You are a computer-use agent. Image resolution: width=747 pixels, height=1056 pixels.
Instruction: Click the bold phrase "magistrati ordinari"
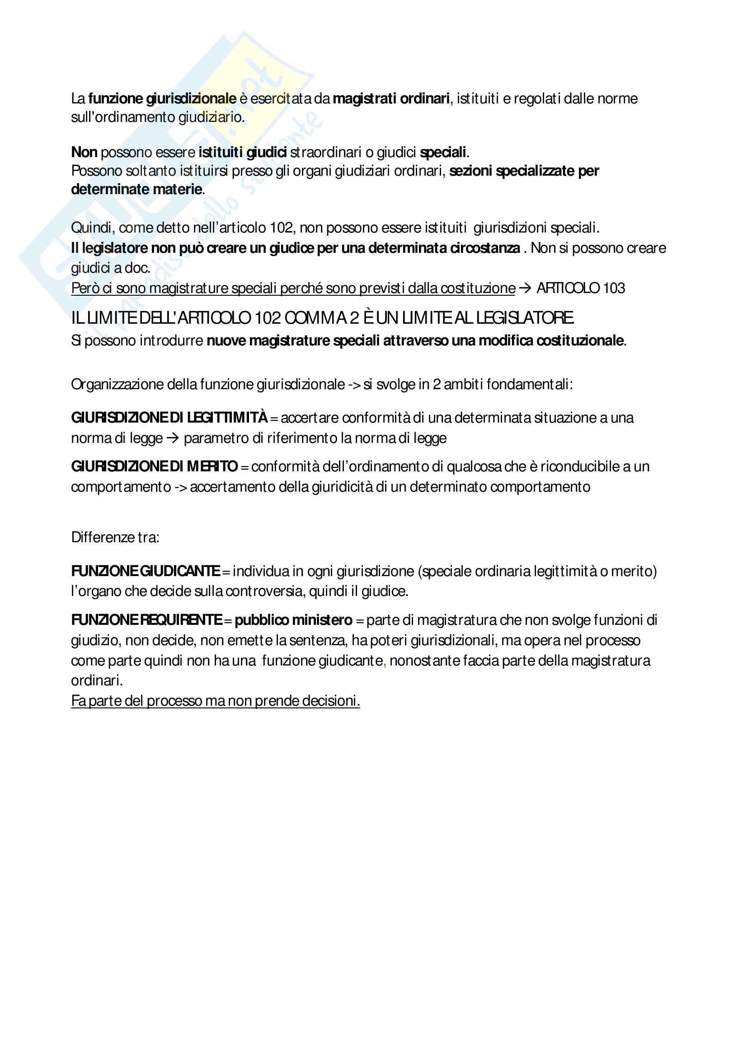[x=391, y=98]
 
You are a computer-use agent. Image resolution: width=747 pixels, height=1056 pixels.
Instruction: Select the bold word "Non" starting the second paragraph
[x=84, y=152]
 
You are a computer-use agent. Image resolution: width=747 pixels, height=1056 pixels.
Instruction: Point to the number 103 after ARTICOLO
[x=614, y=288]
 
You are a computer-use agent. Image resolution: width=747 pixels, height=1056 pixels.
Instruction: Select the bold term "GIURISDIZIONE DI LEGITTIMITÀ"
[x=169, y=418]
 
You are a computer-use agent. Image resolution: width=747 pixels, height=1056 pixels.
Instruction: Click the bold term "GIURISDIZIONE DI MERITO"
[x=154, y=466]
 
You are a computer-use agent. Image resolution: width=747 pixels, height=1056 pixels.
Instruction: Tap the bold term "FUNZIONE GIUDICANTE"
[x=146, y=571]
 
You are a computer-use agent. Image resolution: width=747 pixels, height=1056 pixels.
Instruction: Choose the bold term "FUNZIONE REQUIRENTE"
[x=146, y=620]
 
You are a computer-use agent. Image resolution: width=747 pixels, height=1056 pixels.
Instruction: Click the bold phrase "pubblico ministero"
[x=293, y=620]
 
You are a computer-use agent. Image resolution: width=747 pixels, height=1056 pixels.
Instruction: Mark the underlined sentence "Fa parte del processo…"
[x=215, y=701]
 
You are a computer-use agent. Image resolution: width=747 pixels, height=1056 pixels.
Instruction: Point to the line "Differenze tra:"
[x=115, y=537]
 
